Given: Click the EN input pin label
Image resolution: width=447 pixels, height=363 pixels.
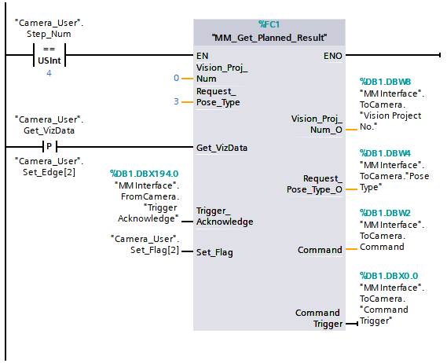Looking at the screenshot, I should [x=202, y=56].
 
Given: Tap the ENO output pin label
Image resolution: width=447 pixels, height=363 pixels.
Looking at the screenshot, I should [x=332, y=56].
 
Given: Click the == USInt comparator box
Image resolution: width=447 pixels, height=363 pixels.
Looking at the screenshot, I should [x=49, y=56].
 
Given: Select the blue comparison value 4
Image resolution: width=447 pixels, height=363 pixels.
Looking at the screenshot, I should [x=49, y=73].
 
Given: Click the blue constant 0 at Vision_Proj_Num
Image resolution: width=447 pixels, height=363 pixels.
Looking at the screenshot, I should [x=177, y=78].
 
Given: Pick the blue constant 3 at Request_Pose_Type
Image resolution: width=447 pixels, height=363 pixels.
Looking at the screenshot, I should [x=177, y=101].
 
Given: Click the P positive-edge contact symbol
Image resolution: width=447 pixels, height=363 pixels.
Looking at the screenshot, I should [x=49, y=146].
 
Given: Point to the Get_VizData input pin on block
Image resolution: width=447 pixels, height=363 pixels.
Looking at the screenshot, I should [x=222, y=147].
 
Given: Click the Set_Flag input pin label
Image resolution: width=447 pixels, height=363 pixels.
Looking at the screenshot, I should [x=214, y=252].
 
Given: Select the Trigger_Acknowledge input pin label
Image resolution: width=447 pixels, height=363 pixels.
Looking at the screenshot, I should [x=225, y=216].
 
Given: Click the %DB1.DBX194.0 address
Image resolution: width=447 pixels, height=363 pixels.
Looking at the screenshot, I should [x=145, y=174].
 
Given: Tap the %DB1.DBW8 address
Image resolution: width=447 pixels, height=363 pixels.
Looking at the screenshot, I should [x=385, y=81].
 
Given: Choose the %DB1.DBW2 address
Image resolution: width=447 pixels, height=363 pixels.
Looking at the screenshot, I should [x=385, y=212].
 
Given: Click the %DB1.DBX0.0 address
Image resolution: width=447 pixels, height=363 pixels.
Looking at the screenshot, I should [x=388, y=276].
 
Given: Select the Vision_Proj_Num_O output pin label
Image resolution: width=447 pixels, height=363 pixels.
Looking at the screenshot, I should [x=317, y=123].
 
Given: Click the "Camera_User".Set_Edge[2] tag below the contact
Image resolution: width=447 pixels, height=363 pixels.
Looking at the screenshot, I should [x=49, y=166].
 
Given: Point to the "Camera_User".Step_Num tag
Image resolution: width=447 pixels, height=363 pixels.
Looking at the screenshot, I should [x=49, y=29].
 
